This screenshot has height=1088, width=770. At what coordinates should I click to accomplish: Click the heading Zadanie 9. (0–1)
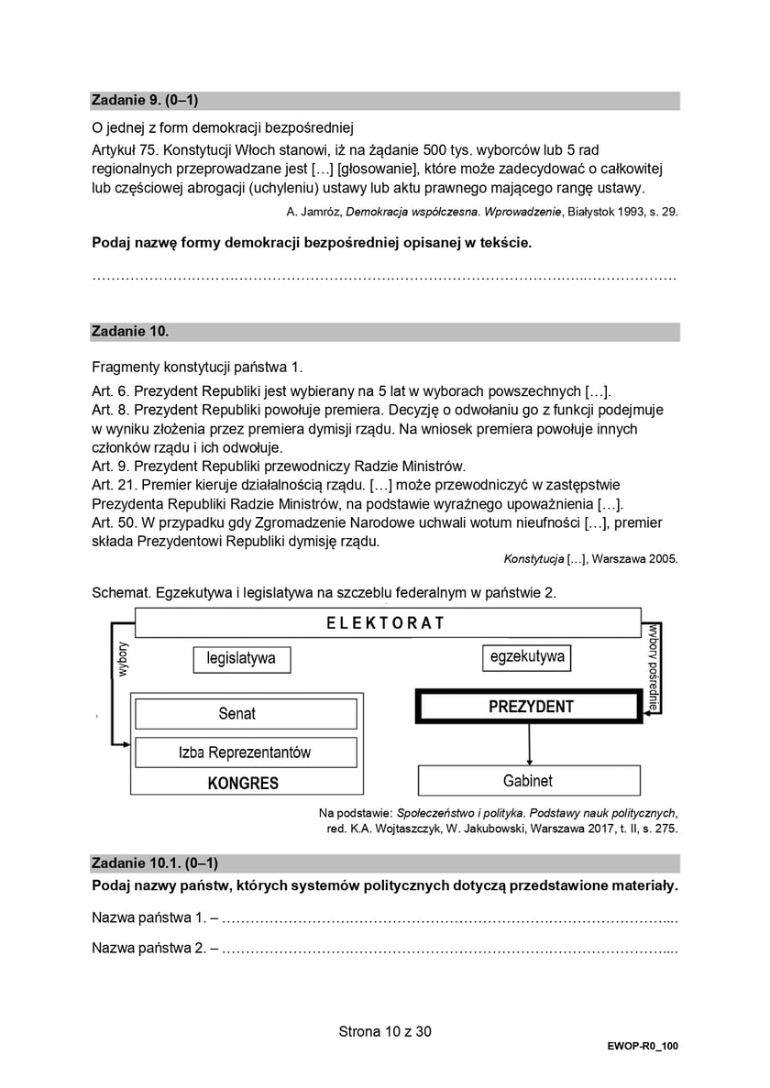tap(145, 101)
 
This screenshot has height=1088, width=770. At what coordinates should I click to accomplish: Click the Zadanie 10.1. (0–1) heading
tap(155, 863)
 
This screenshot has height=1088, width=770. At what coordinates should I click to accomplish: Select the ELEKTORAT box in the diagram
tap(386, 622)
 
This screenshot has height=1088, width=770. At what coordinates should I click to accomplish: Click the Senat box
tap(236, 713)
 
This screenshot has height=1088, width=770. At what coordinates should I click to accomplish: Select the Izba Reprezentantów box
tap(245, 753)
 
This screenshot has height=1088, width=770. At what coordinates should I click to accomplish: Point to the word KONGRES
tap(243, 784)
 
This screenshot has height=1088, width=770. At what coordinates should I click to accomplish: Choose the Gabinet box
tap(528, 781)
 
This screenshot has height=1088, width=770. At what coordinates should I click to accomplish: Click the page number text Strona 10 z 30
tap(385, 1031)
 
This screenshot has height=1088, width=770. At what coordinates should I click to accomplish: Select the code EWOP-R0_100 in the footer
tap(642, 1046)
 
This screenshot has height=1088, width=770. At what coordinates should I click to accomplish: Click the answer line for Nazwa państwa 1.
tap(449, 918)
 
